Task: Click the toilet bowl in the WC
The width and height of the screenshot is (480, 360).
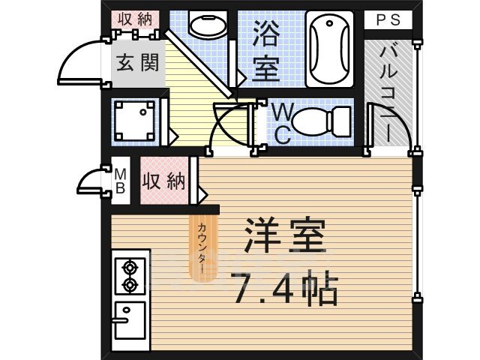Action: (319, 119)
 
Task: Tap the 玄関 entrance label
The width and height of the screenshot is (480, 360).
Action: (137, 62)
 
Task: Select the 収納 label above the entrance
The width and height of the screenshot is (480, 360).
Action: (136, 19)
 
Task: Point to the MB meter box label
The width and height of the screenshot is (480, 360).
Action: (120, 181)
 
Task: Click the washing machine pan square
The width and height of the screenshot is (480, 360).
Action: (137, 119)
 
